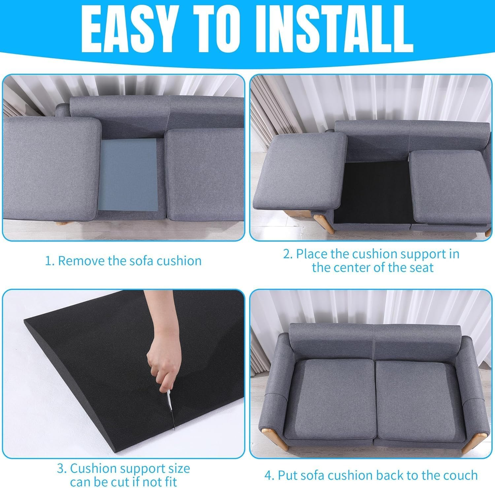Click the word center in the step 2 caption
pos(353,267)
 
